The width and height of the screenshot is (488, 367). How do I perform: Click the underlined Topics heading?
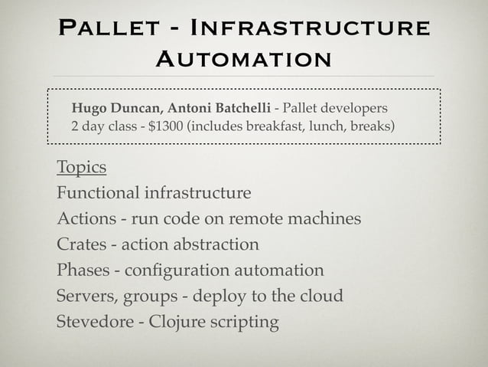[81, 167]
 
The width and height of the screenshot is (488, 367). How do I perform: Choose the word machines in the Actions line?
[323, 219]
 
